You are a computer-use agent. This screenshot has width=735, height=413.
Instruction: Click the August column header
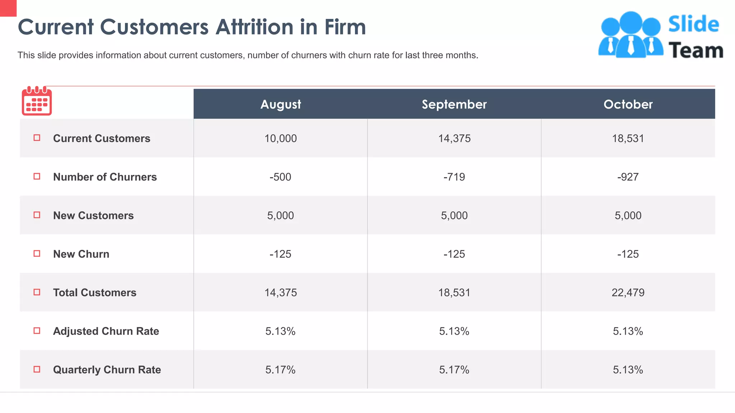click(281, 104)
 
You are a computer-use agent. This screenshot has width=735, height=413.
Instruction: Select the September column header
click(454, 104)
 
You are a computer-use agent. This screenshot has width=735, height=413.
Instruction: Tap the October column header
click(628, 104)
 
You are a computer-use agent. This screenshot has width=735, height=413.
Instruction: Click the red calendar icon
click(37, 101)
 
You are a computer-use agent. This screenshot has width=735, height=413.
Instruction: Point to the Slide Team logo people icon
click(630, 35)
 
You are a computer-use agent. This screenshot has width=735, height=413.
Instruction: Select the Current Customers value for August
click(281, 138)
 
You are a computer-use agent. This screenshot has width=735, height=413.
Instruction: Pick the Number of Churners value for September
click(454, 177)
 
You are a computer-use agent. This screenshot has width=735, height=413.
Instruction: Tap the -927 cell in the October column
click(628, 177)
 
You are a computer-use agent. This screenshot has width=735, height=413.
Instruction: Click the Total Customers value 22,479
click(628, 293)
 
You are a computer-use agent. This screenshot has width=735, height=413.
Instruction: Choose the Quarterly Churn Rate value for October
click(628, 370)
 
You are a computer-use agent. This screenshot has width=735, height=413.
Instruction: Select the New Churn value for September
click(454, 254)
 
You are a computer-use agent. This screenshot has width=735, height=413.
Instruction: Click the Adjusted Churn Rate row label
click(106, 331)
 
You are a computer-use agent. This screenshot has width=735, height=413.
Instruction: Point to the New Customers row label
click(93, 215)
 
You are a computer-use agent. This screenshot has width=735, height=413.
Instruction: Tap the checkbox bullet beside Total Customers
click(37, 292)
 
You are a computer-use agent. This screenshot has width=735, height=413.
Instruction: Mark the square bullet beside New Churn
click(37, 253)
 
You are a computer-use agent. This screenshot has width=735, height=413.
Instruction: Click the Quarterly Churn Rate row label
click(107, 370)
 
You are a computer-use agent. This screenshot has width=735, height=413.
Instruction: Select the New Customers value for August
click(281, 215)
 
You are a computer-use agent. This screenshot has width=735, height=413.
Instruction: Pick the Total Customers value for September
click(454, 293)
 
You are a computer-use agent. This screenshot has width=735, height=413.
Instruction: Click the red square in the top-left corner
click(8, 8)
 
